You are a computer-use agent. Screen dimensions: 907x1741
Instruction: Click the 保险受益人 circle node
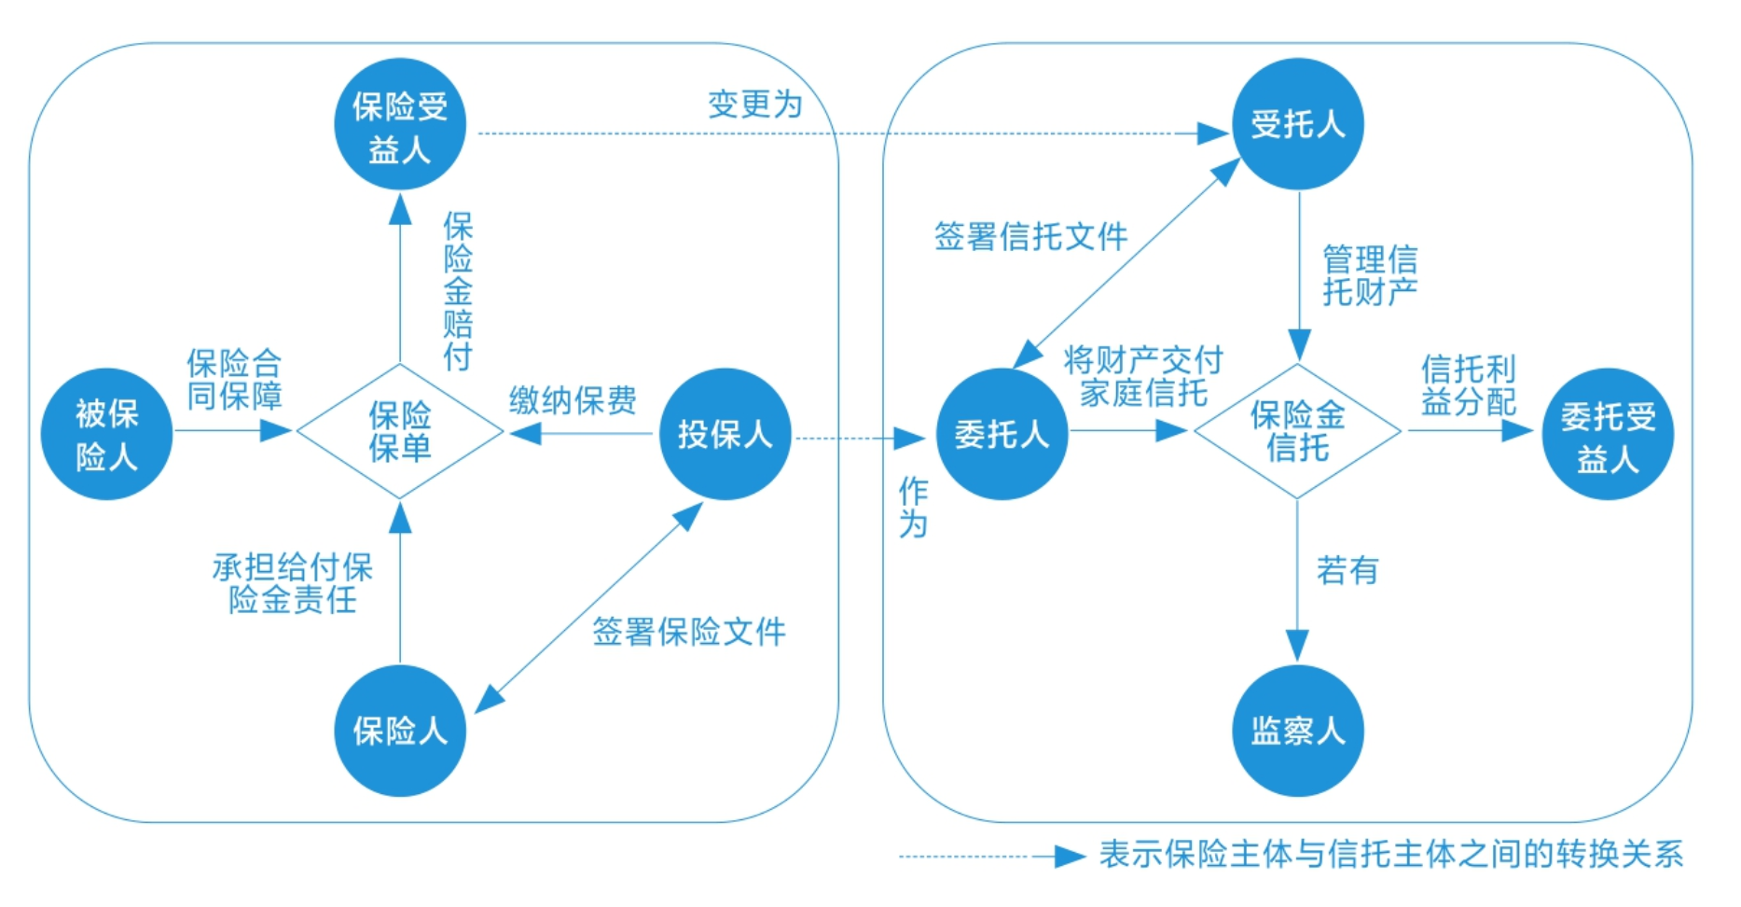point(400,125)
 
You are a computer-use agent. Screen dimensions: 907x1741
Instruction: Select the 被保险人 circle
point(106,434)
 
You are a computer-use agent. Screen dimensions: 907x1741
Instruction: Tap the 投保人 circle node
point(725,434)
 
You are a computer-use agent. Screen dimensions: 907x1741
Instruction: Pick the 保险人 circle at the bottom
point(400,731)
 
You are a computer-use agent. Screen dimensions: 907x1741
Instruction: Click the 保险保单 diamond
point(400,431)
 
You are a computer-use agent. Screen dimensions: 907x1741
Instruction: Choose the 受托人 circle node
point(1298,124)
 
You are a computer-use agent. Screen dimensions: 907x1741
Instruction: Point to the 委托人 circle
point(1002,434)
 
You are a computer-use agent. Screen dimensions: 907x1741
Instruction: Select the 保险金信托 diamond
point(1297,431)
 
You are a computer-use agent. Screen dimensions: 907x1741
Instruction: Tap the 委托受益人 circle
point(1608,435)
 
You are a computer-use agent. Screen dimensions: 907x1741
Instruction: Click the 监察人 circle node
point(1298,731)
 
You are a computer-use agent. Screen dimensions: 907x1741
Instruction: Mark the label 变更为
point(754,105)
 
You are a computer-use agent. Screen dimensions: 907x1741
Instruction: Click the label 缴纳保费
point(573,400)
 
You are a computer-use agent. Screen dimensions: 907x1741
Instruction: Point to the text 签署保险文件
point(689,632)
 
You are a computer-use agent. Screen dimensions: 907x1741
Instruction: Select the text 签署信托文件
point(1030,236)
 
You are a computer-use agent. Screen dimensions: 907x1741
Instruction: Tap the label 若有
point(1347,570)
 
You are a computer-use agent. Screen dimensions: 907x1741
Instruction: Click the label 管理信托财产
point(1369,275)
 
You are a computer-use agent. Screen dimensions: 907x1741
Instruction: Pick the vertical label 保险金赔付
point(458,291)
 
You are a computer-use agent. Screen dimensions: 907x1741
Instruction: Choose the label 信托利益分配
point(1468,384)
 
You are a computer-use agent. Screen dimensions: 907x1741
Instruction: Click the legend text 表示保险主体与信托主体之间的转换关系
point(1390,854)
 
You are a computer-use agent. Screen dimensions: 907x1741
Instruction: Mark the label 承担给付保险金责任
point(293,583)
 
